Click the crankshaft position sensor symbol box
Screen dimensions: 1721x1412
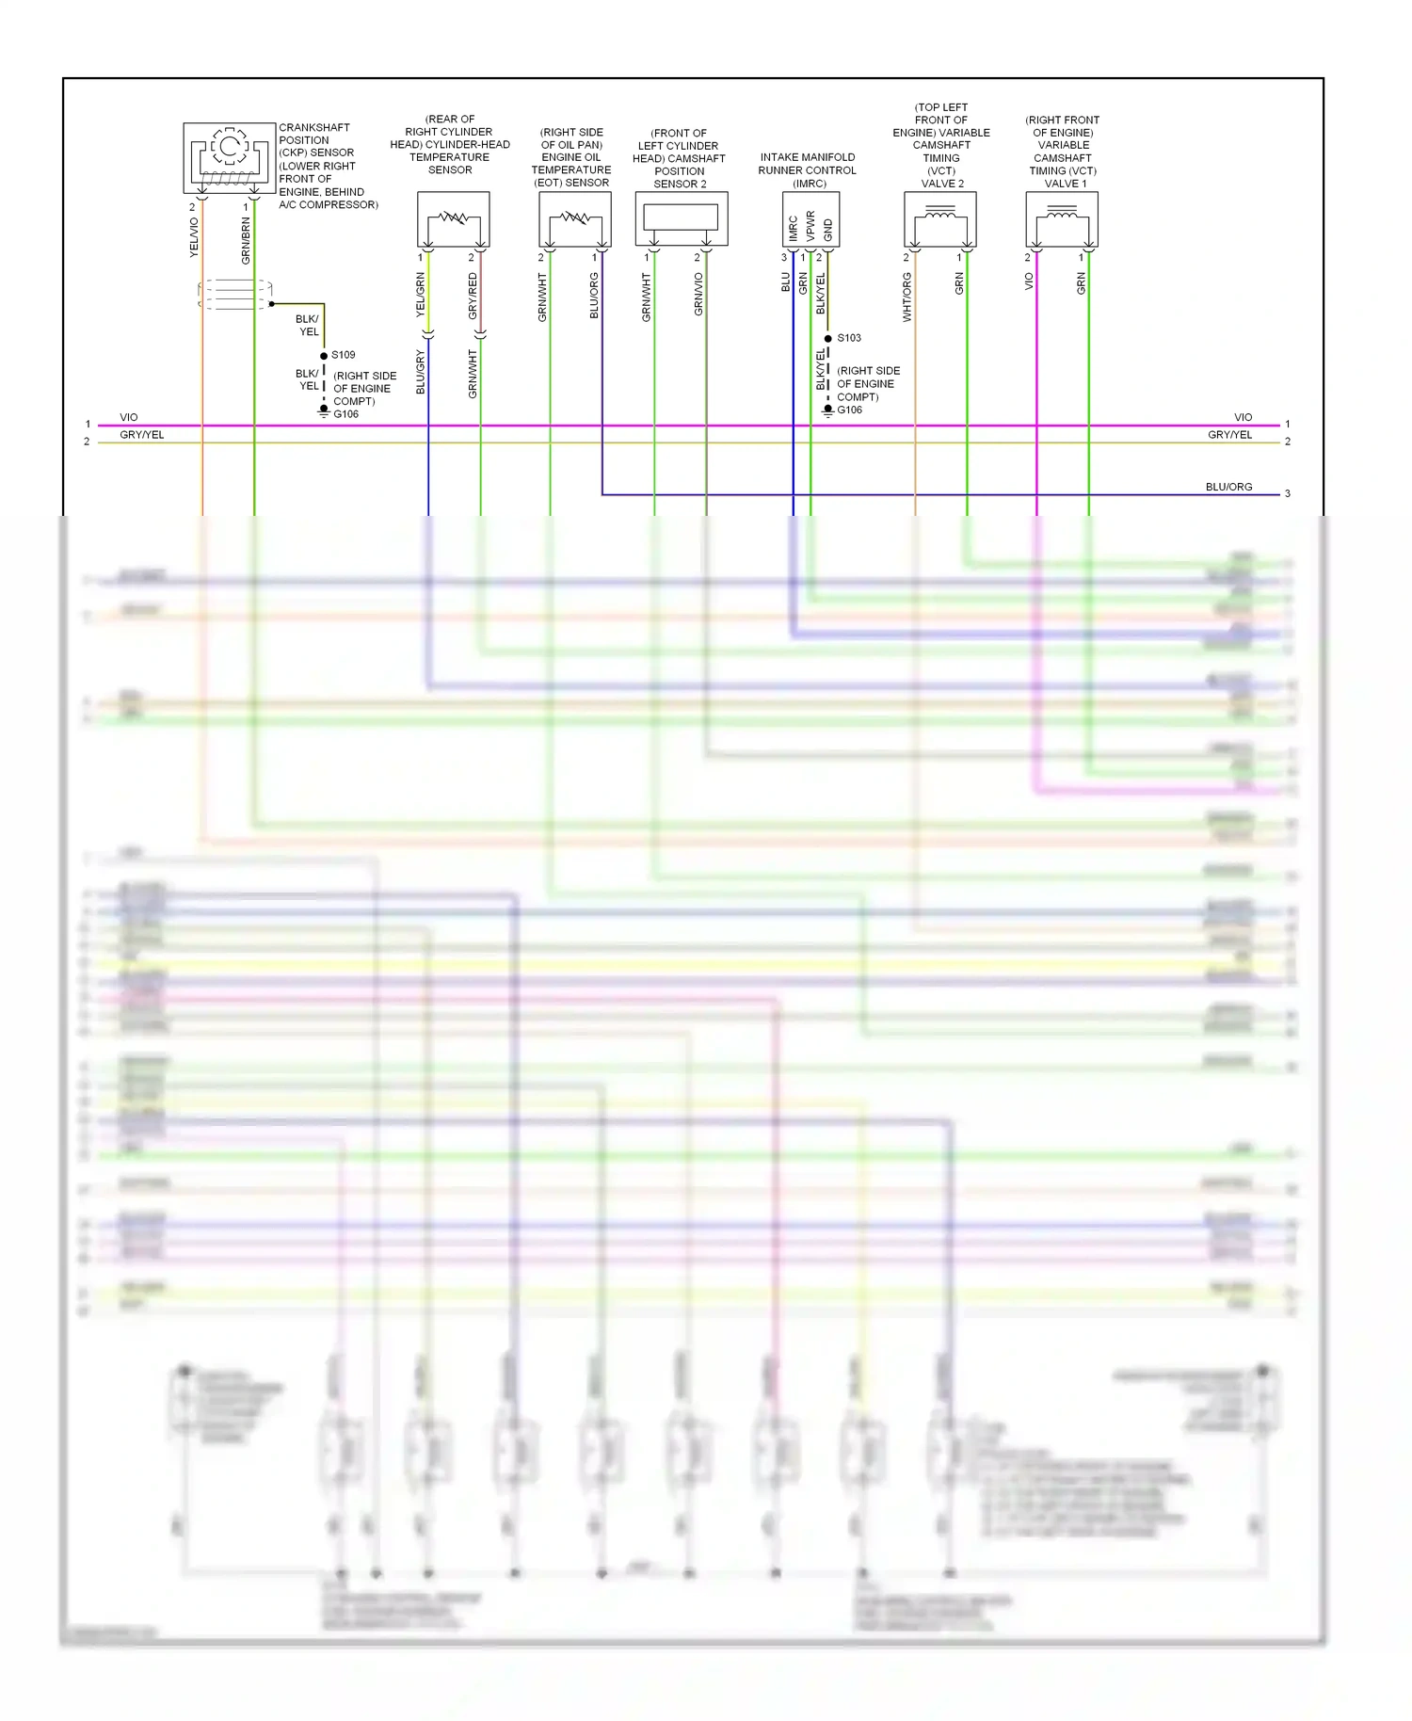click(x=230, y=156)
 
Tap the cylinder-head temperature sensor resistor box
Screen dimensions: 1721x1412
click(x=453, y=219)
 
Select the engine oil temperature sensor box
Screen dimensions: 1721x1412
click(x=574, y=219)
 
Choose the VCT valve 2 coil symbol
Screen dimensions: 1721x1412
click(x=939, y=219)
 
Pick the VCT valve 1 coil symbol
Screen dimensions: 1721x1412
click(x=1062, y=219)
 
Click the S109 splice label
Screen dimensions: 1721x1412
click(x=344, y=355)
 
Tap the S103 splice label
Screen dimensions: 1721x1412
click(x=849, y=338)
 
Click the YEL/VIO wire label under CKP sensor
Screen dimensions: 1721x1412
click(x=194, y=237)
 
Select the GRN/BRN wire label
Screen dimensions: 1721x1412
click(x=246, y=241)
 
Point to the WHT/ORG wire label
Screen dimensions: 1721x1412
click(x=907, y=298)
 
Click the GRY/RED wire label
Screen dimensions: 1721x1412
click(x=473, y=296)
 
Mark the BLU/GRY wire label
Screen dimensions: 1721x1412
click(x=421, y=372)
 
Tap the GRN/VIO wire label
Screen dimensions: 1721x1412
click(x=698, y=294)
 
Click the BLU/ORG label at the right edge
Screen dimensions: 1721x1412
click(x=1228, y=487)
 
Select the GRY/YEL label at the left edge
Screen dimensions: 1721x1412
click(x=142, y=435)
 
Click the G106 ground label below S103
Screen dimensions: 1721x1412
click(x=849, y=410)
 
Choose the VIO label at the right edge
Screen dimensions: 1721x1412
click(x=1243, y=417)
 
